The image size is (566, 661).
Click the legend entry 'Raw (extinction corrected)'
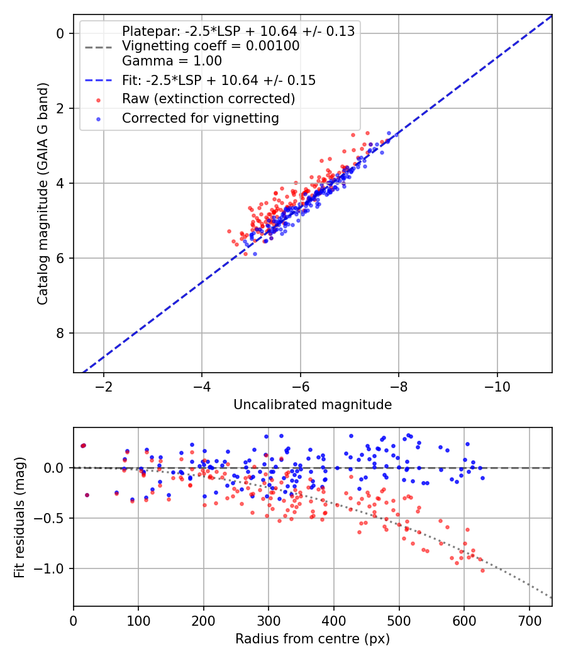tap(208, 99)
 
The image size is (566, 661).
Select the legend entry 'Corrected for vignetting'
tap(200, 118)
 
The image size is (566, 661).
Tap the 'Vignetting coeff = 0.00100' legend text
tap(211, 46)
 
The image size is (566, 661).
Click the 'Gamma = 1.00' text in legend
tap(172, 61)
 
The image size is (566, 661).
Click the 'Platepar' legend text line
tap(238, 31)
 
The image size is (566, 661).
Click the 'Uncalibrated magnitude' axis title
tap(313, 405)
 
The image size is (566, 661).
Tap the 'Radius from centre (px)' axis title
tap(313, 639)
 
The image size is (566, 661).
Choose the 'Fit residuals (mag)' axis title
tap(19, 517)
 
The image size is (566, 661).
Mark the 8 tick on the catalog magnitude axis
tap(60, 333)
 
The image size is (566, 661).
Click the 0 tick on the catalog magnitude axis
tap(60, 33)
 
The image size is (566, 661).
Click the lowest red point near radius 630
tap(482, 570)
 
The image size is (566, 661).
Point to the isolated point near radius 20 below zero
tap(87, 495)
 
